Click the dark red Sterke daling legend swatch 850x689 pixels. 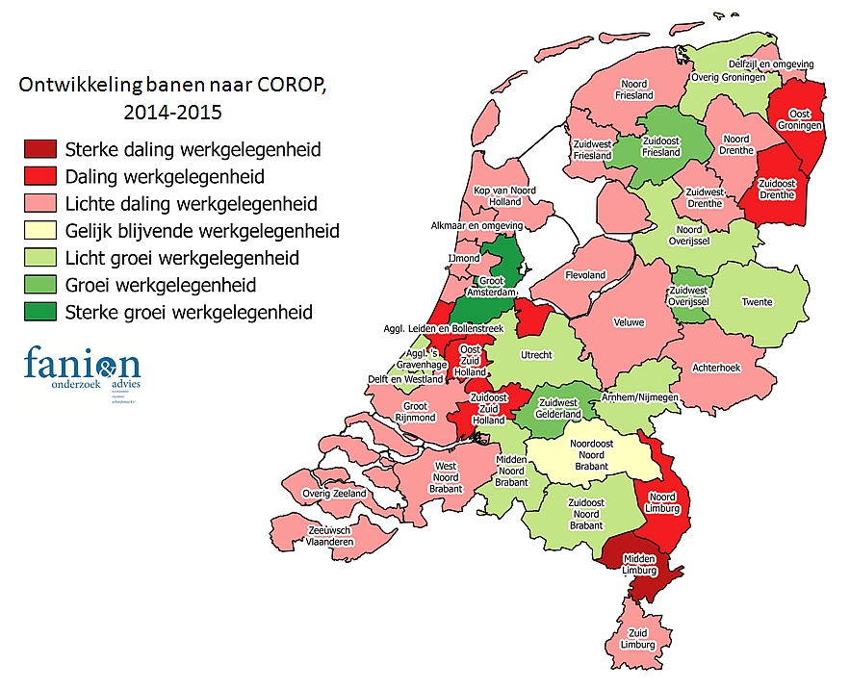coord(40,149)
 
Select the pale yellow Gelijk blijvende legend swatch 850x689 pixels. coord(40,231)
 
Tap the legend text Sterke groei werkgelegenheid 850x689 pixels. coord(189,312)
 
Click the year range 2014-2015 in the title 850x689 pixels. coord(172,112)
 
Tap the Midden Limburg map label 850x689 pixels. coord(639,565)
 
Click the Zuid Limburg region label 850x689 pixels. coord(636,639)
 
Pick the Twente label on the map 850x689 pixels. coord(756,302)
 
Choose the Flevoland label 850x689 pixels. coord(584,275)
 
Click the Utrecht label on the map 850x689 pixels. coord(536,355)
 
